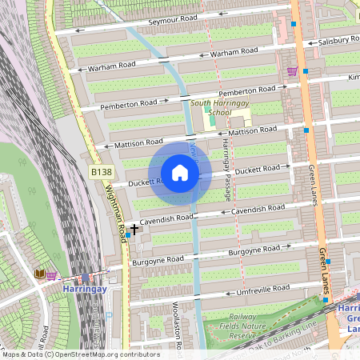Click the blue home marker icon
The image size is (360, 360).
tap(180, 173)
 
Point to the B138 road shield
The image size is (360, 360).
tap(99, 172)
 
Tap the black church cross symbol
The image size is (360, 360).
tap(134, 229)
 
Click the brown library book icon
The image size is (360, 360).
tap(39, 274)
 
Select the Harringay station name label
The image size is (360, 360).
tap(85, 289)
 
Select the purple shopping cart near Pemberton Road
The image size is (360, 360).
tap(292, 71)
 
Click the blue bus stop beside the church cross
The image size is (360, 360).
tap(128, 235)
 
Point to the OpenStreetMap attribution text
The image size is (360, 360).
tap(80, 354)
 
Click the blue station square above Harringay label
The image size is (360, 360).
tap(86, 277)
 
